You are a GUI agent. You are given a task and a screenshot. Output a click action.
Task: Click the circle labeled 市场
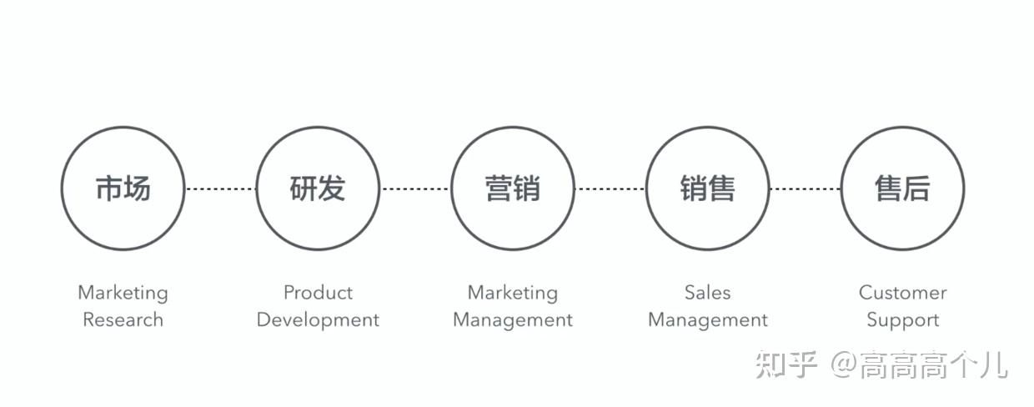tap(123, 188)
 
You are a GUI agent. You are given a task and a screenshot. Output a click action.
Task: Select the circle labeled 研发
tap(318, 188)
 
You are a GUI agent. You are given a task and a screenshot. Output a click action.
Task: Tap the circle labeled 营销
tap(513, 188)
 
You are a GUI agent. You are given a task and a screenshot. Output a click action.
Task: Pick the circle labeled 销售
tap(708, 188)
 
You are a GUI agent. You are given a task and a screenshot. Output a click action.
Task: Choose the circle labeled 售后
tap(902, 188)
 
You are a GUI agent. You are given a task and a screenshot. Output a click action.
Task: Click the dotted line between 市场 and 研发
tap(220, 188)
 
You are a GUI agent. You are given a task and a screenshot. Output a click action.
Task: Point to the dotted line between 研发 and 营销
tap(415, 188)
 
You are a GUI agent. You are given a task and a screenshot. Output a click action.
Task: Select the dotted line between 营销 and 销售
tap(610, 188)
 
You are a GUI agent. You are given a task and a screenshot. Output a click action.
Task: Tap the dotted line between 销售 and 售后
tap(806, 188)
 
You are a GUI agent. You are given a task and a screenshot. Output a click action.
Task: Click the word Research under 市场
tap(123, 319)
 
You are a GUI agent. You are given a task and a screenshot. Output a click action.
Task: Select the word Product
tap(318, 293)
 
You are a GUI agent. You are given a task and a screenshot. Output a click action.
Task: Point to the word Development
tap(318, 320)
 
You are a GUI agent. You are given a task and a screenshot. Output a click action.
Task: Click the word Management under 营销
tap(513, 320)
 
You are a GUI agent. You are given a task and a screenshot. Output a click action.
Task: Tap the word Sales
tap(708, 293)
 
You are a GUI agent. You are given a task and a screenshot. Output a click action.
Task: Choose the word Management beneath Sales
tap(708, 320)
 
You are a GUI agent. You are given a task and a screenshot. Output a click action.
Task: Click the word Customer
tap(902, 293)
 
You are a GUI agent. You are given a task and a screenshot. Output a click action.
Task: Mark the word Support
tap(902, 320)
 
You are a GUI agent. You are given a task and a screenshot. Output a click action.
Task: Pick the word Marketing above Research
tap(123, 293)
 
